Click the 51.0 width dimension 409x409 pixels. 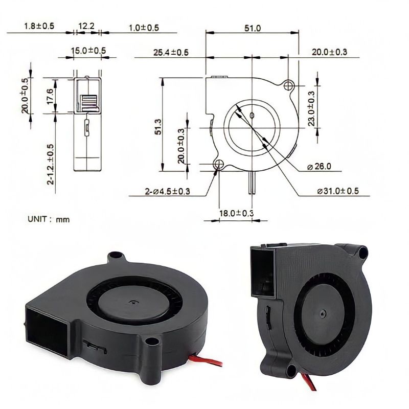(252, 29)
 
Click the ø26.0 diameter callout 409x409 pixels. (319, 166)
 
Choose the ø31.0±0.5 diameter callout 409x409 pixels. (337, 191)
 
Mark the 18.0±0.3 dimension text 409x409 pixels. (237, 213)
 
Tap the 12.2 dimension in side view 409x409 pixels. (86, 26)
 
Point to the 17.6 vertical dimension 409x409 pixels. (50, 95)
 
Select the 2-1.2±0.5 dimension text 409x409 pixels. (50, 164)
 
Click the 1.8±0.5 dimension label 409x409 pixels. (39, 26)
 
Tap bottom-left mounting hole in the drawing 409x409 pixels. (220, 164)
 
